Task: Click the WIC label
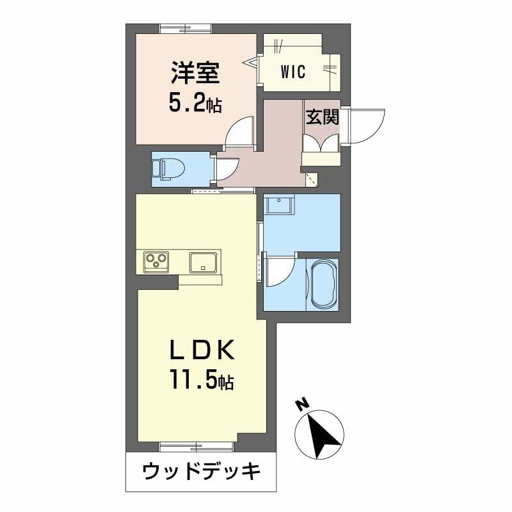coord(292,72)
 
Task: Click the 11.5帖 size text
coord(201,381)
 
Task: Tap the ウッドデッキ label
coord(202,472)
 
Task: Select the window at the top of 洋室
coord(186,28)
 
